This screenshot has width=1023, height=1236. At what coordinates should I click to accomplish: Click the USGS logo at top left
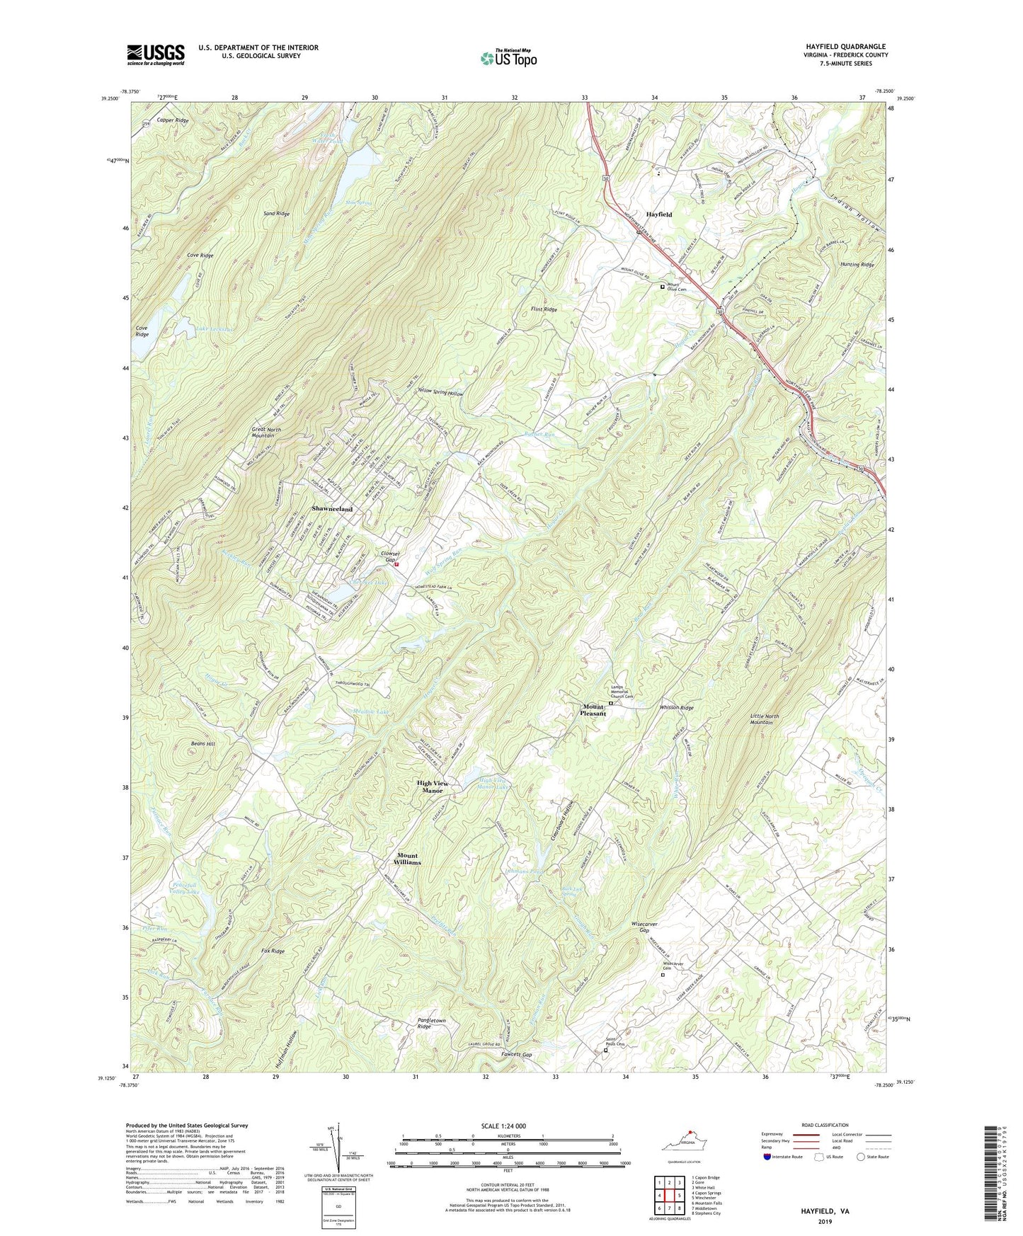(156, 55)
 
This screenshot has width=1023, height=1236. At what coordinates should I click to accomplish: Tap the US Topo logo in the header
(508, 57)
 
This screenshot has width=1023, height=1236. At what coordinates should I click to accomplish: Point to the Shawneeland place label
(332, 509)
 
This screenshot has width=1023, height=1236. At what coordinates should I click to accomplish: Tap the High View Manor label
(433, 786)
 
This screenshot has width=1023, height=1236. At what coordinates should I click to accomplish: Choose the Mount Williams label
(408, 859)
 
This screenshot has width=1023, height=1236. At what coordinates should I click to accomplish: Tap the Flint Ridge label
(544, 310)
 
